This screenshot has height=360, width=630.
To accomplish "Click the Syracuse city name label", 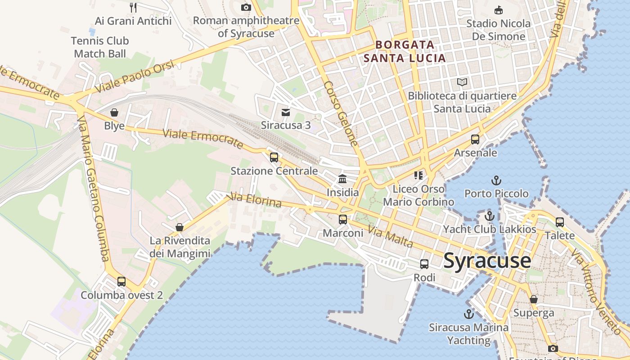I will point(487,261).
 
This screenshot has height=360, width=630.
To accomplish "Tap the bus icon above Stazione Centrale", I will point(274,157).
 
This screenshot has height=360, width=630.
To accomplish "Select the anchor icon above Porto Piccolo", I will point(496,180).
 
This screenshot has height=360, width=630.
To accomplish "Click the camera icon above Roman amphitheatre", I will point(246,7).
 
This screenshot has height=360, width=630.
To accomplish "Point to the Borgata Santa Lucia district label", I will point(405,51).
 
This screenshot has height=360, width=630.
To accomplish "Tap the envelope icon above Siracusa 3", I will point(286,112).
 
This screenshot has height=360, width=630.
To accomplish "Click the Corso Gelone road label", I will point(341,114).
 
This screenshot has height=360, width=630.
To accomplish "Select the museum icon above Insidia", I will point(342,179).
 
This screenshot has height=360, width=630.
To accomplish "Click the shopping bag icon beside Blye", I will point(114,112).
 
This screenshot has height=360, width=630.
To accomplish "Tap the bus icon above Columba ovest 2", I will point(121,282).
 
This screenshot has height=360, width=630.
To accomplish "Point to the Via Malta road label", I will point(390,237).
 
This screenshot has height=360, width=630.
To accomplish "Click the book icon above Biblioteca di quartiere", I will point(462,82).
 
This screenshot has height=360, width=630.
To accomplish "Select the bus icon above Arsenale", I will point(475,139).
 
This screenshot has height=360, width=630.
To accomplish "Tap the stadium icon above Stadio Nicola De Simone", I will point(498,10).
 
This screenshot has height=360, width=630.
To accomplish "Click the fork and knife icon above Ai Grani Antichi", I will point(133,7).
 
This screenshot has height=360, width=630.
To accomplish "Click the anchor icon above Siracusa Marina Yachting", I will point(469,314).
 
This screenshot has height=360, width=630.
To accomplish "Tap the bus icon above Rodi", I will point(424,264).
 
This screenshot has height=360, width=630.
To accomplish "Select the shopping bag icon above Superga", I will point(534,299).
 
